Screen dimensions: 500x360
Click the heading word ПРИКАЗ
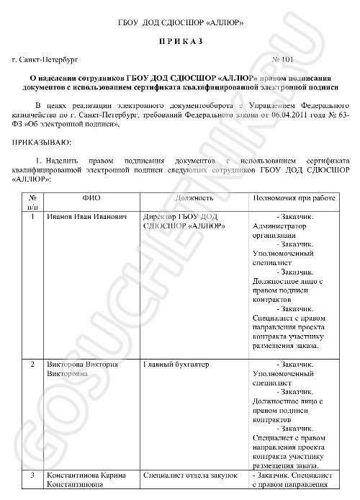point(180,43)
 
